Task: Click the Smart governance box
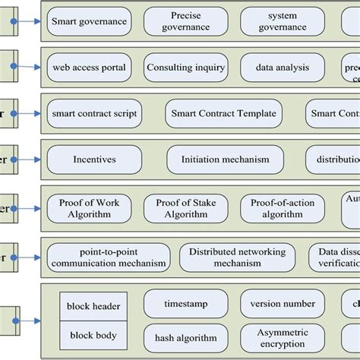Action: click(x=89, y=22)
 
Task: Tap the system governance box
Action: click(x=282, y=21)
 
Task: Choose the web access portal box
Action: click(x=89, y=68)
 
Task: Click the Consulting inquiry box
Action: click(x=185, y=68)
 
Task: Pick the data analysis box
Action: click(x=282, y=68)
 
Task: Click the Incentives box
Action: click(x=94, y=160)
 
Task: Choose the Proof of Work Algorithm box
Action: click(x=89, y=208)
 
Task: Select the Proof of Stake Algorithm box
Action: click(x=185, y=208)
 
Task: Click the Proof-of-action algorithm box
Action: click(x=282, y=208)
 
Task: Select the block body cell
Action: click(x=93, y=335)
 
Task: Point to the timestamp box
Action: click(x=185, y=303)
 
